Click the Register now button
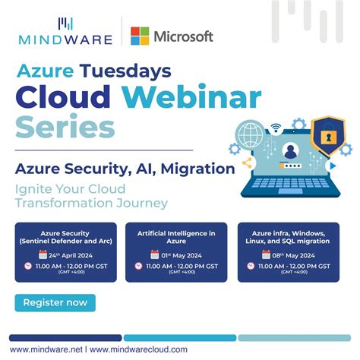pyautogui.click(x=55, y=302)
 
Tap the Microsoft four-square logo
pyautogui.click(x=140, y=36)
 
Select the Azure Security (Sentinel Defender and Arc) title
pyautogui.click(x=65, y=235)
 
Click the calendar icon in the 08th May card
pyautogui.click(x=266, y=254)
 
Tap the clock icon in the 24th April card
pyautogui.click(x=28, y=266)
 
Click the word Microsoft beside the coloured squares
pyautogui.click(x=184, y=36)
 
